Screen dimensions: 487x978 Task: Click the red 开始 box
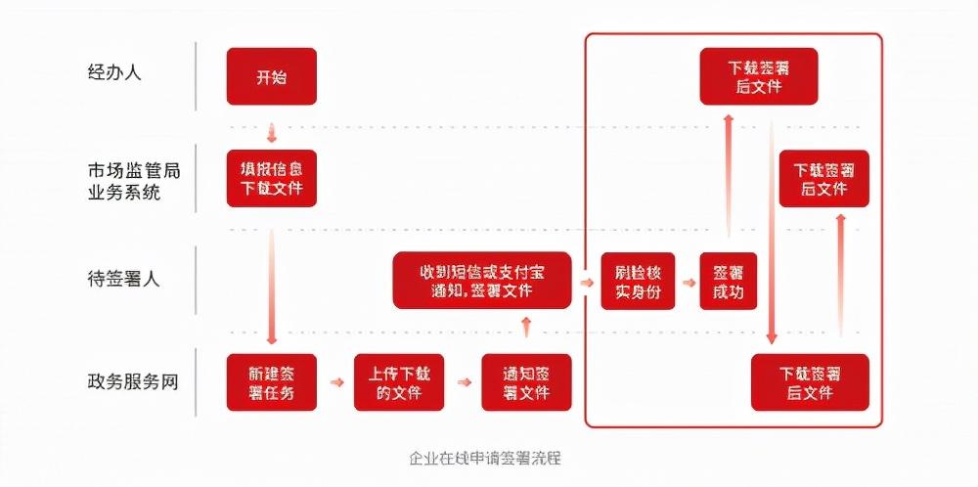[272, 76]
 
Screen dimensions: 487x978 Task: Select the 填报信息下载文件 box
[272, 178]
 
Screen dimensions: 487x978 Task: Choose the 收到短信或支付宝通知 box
[482, 281]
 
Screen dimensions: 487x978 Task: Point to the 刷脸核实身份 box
[638, 281]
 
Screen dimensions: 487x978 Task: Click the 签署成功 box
[729, 281]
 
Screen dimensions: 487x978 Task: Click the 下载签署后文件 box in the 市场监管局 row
[823, 178]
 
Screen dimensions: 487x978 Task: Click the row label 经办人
[114, 72]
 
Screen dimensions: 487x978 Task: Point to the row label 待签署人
[123, 279]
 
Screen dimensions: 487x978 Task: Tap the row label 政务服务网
[133, 381]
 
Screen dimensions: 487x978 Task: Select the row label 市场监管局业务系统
[133, 181]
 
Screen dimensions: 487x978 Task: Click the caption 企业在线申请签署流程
[488, 457]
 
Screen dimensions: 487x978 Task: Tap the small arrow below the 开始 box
[272, 132]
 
